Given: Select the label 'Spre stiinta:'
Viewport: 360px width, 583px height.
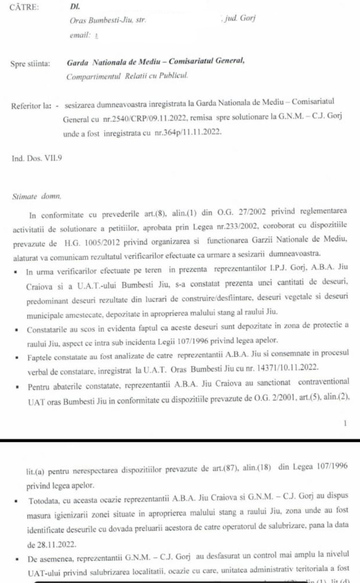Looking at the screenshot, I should (x=30, y=64).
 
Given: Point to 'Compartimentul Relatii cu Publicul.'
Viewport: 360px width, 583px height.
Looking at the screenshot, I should (x=127, y=76).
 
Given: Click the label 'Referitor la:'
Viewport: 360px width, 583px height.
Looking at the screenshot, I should (x=31, y=106).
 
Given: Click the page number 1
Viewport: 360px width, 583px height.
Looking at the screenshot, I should (x=345, y=423).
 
